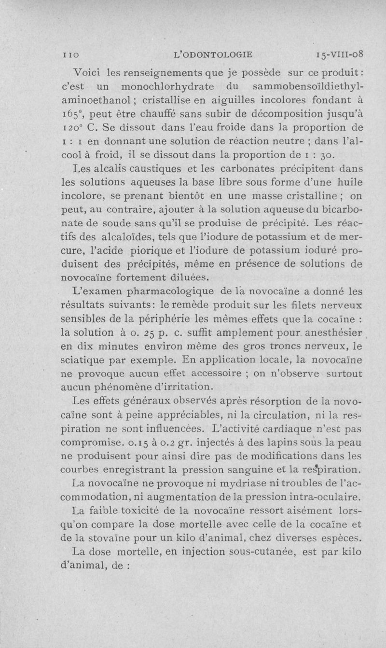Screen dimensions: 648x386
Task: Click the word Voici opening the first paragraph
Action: [x=87, y=72]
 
